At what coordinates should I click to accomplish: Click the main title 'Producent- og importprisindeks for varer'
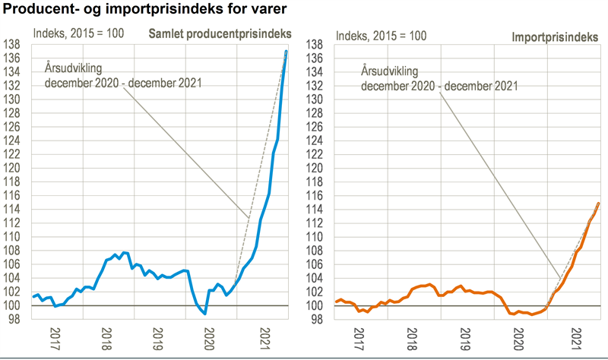[x=144, y=10]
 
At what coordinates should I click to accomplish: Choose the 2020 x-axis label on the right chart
[x=523, y=334]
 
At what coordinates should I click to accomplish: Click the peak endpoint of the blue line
[x=286, y=52]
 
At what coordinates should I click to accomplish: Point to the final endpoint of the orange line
[x=598, y=204]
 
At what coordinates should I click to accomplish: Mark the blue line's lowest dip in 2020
[x=205, y=313]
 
